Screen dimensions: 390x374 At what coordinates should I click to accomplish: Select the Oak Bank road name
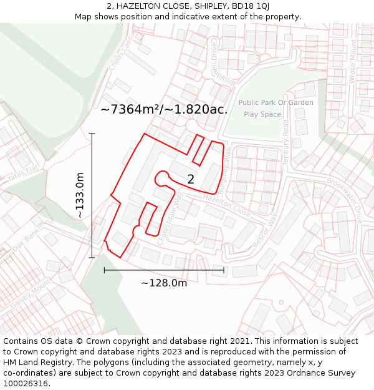[x=25, y=240]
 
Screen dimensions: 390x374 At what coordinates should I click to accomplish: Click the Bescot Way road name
[x=264, y=230]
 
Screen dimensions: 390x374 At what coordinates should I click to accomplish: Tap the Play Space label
[x=262, y=114]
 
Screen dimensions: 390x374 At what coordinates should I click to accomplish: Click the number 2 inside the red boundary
[x=191, y=180]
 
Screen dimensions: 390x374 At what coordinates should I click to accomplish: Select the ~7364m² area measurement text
[x=130, y=110]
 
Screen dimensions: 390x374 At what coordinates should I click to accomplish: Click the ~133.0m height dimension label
[x=80, y=195]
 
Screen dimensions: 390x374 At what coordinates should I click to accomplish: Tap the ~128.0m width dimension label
[x=164, y=283]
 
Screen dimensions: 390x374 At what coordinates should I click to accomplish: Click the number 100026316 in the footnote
[x=27, y=383]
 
